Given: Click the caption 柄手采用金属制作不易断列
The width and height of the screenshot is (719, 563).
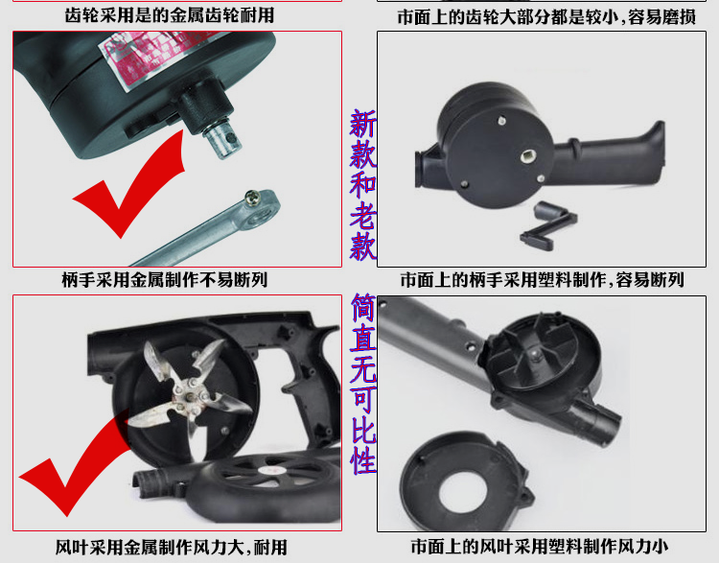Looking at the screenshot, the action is [x=165, y=279].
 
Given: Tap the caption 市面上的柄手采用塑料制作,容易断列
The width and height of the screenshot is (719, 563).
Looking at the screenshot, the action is [x=543, y=279].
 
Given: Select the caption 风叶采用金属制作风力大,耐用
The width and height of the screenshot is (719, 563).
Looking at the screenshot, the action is [x=172, y=547].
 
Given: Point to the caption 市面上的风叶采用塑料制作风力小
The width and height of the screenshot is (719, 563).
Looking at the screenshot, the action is [x=539, y=546].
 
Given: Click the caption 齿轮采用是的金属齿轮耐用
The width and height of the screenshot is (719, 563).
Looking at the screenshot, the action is [x=169, y=15].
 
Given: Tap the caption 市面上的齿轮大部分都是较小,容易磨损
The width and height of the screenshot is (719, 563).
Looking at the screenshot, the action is [x=546, y=17].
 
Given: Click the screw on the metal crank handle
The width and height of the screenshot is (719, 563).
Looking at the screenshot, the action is [x=253, y=198].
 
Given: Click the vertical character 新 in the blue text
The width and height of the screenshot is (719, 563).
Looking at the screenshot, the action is [x=363, y=123].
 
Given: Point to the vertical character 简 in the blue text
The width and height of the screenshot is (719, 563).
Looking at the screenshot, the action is [x=363, y=308].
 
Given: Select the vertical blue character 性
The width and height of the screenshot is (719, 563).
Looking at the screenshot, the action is [x=363, y=460].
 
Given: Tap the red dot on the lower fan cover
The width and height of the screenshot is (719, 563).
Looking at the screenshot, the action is [x=267, y=471].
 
